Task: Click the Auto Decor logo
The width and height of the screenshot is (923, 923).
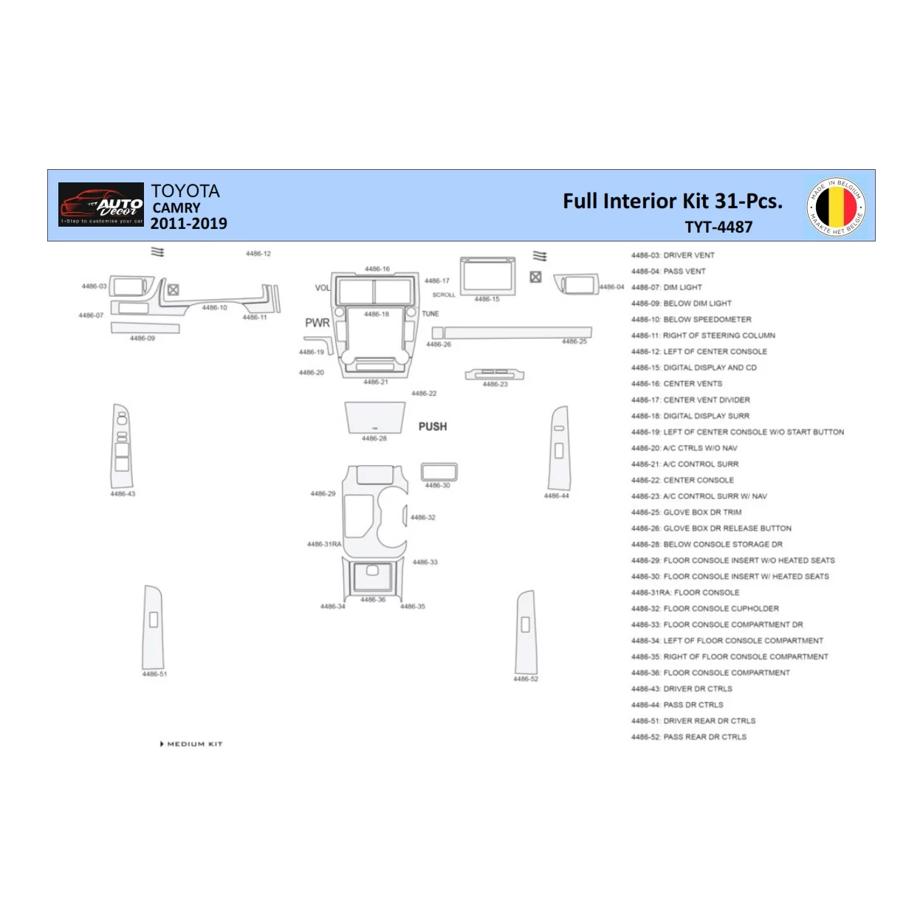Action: click(101, 205)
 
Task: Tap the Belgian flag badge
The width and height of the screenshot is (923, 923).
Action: click(836, 206)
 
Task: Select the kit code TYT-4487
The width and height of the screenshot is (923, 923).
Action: click(718, 227)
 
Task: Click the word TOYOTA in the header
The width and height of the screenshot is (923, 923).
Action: click(185, 191)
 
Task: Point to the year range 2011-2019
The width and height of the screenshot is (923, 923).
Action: click(189, 224)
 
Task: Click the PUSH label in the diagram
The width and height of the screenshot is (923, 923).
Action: click(433, 427)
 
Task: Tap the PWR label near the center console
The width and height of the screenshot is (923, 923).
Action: click(318, 323)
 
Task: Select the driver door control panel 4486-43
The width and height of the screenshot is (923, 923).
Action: click(121, 446)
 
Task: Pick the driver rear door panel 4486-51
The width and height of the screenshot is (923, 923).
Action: click(154, 628)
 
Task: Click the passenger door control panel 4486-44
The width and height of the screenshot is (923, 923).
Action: click(559, 447)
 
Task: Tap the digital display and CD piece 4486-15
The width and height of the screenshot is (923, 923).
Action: click(487, 276)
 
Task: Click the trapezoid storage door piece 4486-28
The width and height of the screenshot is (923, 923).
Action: click(375, 418)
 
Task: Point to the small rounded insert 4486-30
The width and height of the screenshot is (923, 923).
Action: click(439, 473)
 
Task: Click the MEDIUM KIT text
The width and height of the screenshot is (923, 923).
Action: click(193, 744)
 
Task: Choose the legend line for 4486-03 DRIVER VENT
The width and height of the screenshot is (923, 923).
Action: click(673, 255)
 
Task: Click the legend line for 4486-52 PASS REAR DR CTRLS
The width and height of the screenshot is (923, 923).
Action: click(689, 737)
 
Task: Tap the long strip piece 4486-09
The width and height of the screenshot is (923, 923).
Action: click(145, 328)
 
